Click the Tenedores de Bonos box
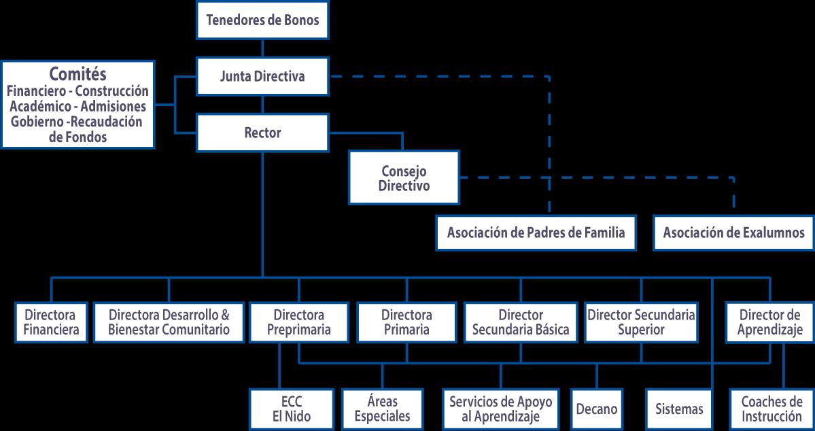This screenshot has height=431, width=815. click(262, 20)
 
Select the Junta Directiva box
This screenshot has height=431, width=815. click(262, 76)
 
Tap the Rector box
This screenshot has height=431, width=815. click(262, 133)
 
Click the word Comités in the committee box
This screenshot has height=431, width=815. click(78, 74)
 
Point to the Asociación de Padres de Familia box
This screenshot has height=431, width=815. click(536, 232)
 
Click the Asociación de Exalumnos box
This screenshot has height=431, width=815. click(733, 232)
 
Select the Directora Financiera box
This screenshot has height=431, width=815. click(51, 323)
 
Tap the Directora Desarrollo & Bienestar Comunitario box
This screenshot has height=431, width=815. click(169, 323)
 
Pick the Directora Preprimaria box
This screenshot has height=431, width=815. click(298, 323)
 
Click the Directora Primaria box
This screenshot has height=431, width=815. click(406, 323)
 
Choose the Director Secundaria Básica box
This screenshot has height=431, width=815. click(521, 323)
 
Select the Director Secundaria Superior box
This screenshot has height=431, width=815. click(641, 323)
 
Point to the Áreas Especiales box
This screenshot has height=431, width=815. click(382, 409)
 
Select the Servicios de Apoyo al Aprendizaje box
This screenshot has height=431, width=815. click(501, 409)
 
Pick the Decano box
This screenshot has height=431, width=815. click(596, 409)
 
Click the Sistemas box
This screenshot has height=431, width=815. click(679, 409)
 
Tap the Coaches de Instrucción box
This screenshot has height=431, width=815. click(771, 409)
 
